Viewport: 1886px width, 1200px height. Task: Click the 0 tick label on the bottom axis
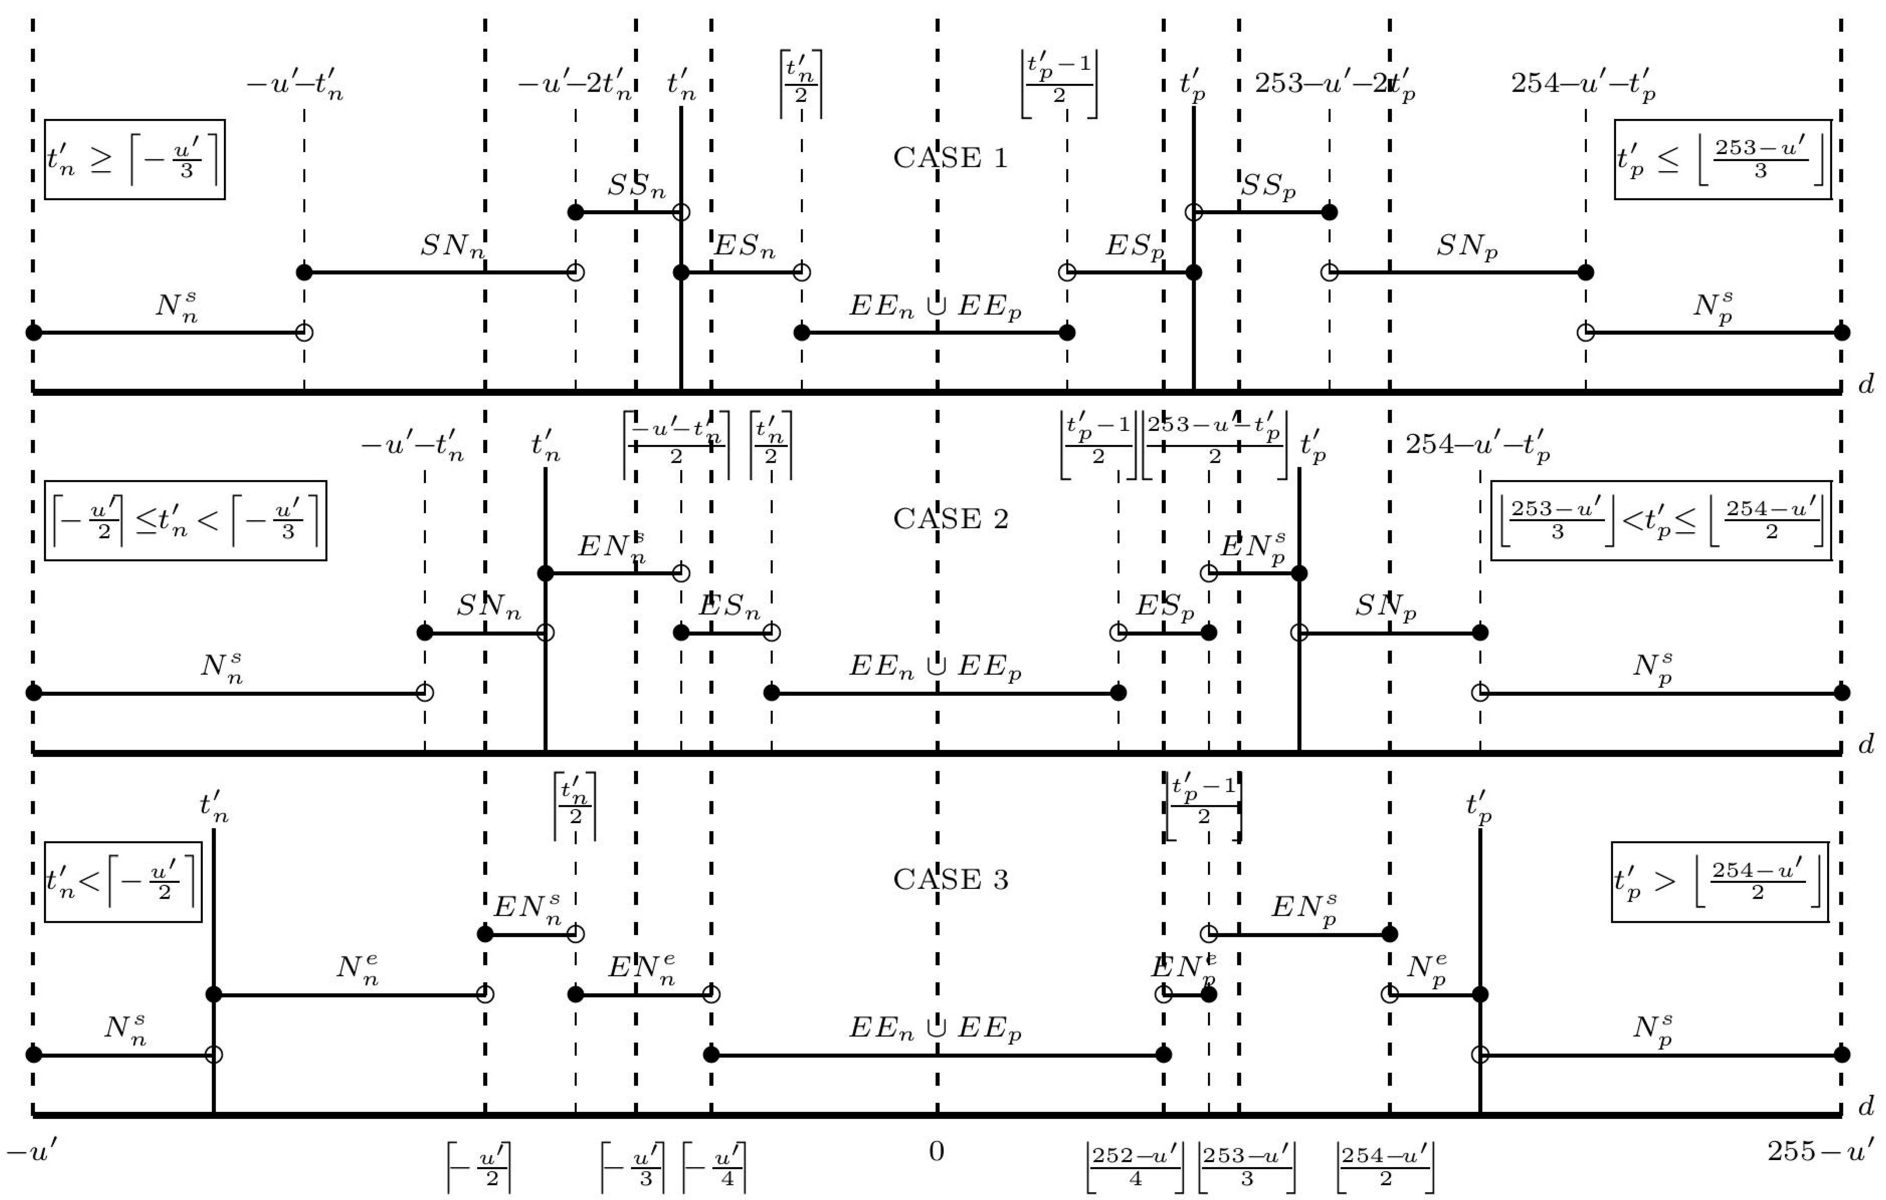pyautogui.click(x=937, y=1151)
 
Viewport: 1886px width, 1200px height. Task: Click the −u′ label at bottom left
pyautogui.click(x=31, y=1151)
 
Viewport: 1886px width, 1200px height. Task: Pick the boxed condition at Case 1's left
pyautogui.click(x=135, y=160)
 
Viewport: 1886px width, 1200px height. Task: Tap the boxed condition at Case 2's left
pyautogui.click(x=186, y=520)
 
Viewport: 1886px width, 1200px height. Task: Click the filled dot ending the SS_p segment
pyautogui.click(x=1329, y=212)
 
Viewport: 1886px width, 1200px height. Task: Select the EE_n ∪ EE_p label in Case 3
pyautogui.click(x=935, y=1028)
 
